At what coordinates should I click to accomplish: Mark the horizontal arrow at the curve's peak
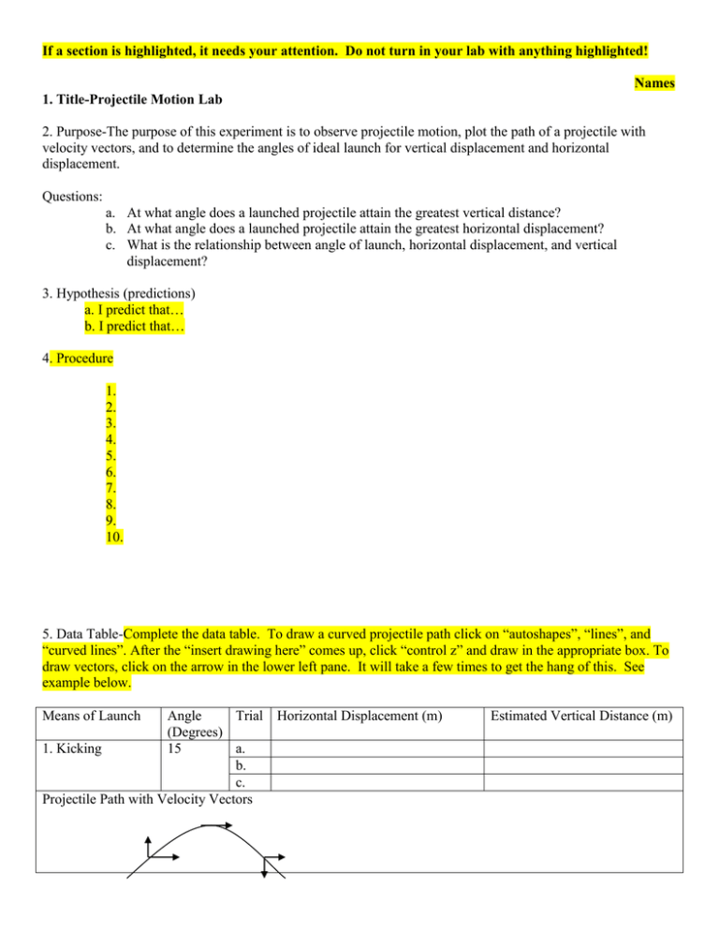217,824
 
